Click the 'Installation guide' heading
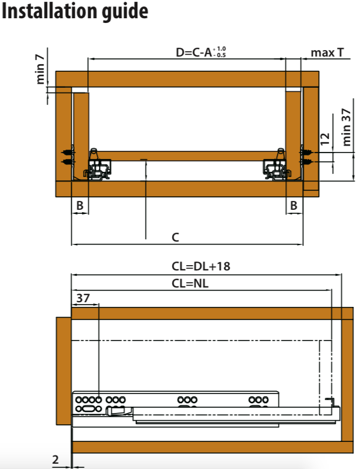coord(75,11)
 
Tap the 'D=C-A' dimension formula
coord(194,52)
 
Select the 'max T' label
coord(327,52)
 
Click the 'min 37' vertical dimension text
coord(346,127)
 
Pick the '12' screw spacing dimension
coord(325,139)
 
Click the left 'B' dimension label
coord(80,206)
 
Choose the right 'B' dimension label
coord(293,206)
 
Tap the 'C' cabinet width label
coord(176,237)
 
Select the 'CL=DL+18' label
coord(201,266)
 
